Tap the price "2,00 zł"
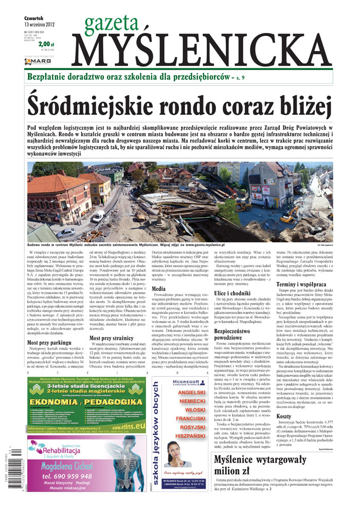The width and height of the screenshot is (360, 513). [46, 44]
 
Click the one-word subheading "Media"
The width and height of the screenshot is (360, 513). [159, 289]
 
